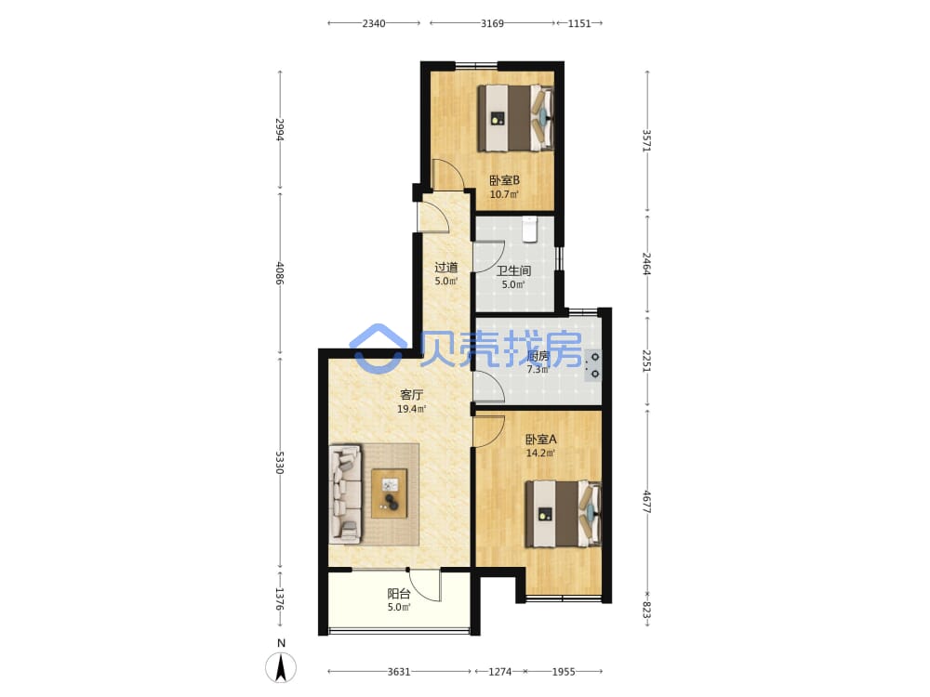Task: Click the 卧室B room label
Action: pyautogui.click(x=504, y=180)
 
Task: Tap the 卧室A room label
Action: pyautogui.click(x=541, y=440)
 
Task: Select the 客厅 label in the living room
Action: pyautogui.click(x=412, y=395)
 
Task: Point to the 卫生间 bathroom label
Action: pyautogui.click(x=513, y=270)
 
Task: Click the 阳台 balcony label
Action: pyautogui.click(x=399, y=593)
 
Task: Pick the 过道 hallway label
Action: pyautogui.click(x=446, y=268)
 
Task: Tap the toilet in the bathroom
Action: pyautogui.click(x=530, y=230)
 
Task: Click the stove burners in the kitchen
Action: pyautogui.click(x=593, y=365)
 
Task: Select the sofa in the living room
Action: pyautogui.click(x=345, y=493)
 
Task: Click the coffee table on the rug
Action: pyautogui.click(x=389, y=493)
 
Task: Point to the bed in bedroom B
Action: pyautogui.click(x=515, y=118)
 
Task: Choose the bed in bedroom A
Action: pyautogui.click(x=563, y=513)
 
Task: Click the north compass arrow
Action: pyautogui.click(x=281, y=666)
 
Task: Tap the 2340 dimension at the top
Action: pyautogui.click(x=374, y=23)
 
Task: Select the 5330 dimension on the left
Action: pyautogui.click(x=280, y=462)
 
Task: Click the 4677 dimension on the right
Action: pyautogui.click(x=647, y=502)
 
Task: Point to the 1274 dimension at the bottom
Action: pyautogui.click(x=499, y=672)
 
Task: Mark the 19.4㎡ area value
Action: pyautogui.click(x=412, y=409)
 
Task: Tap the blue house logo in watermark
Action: pyautogui.click(x=378, y=348)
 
